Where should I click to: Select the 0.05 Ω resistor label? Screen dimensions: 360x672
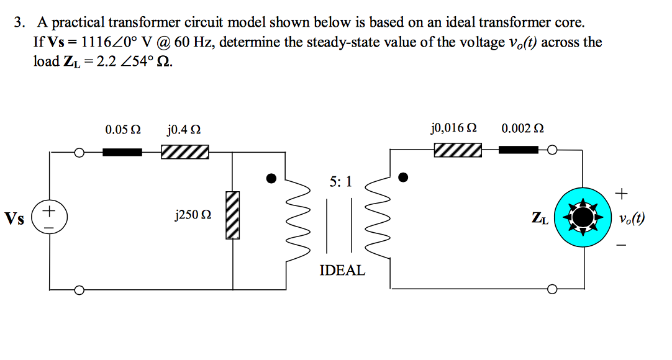pos(122,130)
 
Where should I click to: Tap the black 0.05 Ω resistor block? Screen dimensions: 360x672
pos(122,152)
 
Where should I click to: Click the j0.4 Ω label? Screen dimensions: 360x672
pos(184,130)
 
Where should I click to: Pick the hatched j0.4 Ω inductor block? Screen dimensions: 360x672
pos(184,152)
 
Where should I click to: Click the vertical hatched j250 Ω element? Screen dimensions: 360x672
pos(233,214)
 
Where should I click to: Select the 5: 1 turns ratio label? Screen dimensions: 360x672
pos(341,181)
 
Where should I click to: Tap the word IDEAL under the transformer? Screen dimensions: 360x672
pos(342,271)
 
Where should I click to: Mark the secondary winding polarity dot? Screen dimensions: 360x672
pos(404,178)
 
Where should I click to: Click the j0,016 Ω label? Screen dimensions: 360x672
pos(453,128)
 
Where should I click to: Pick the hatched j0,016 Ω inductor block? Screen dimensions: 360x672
pos(458,150)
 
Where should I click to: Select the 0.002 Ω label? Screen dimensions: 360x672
pos(522,128)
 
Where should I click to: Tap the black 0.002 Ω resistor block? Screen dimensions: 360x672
pos(519,150)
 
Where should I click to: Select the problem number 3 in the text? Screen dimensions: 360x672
pos(20,24)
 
